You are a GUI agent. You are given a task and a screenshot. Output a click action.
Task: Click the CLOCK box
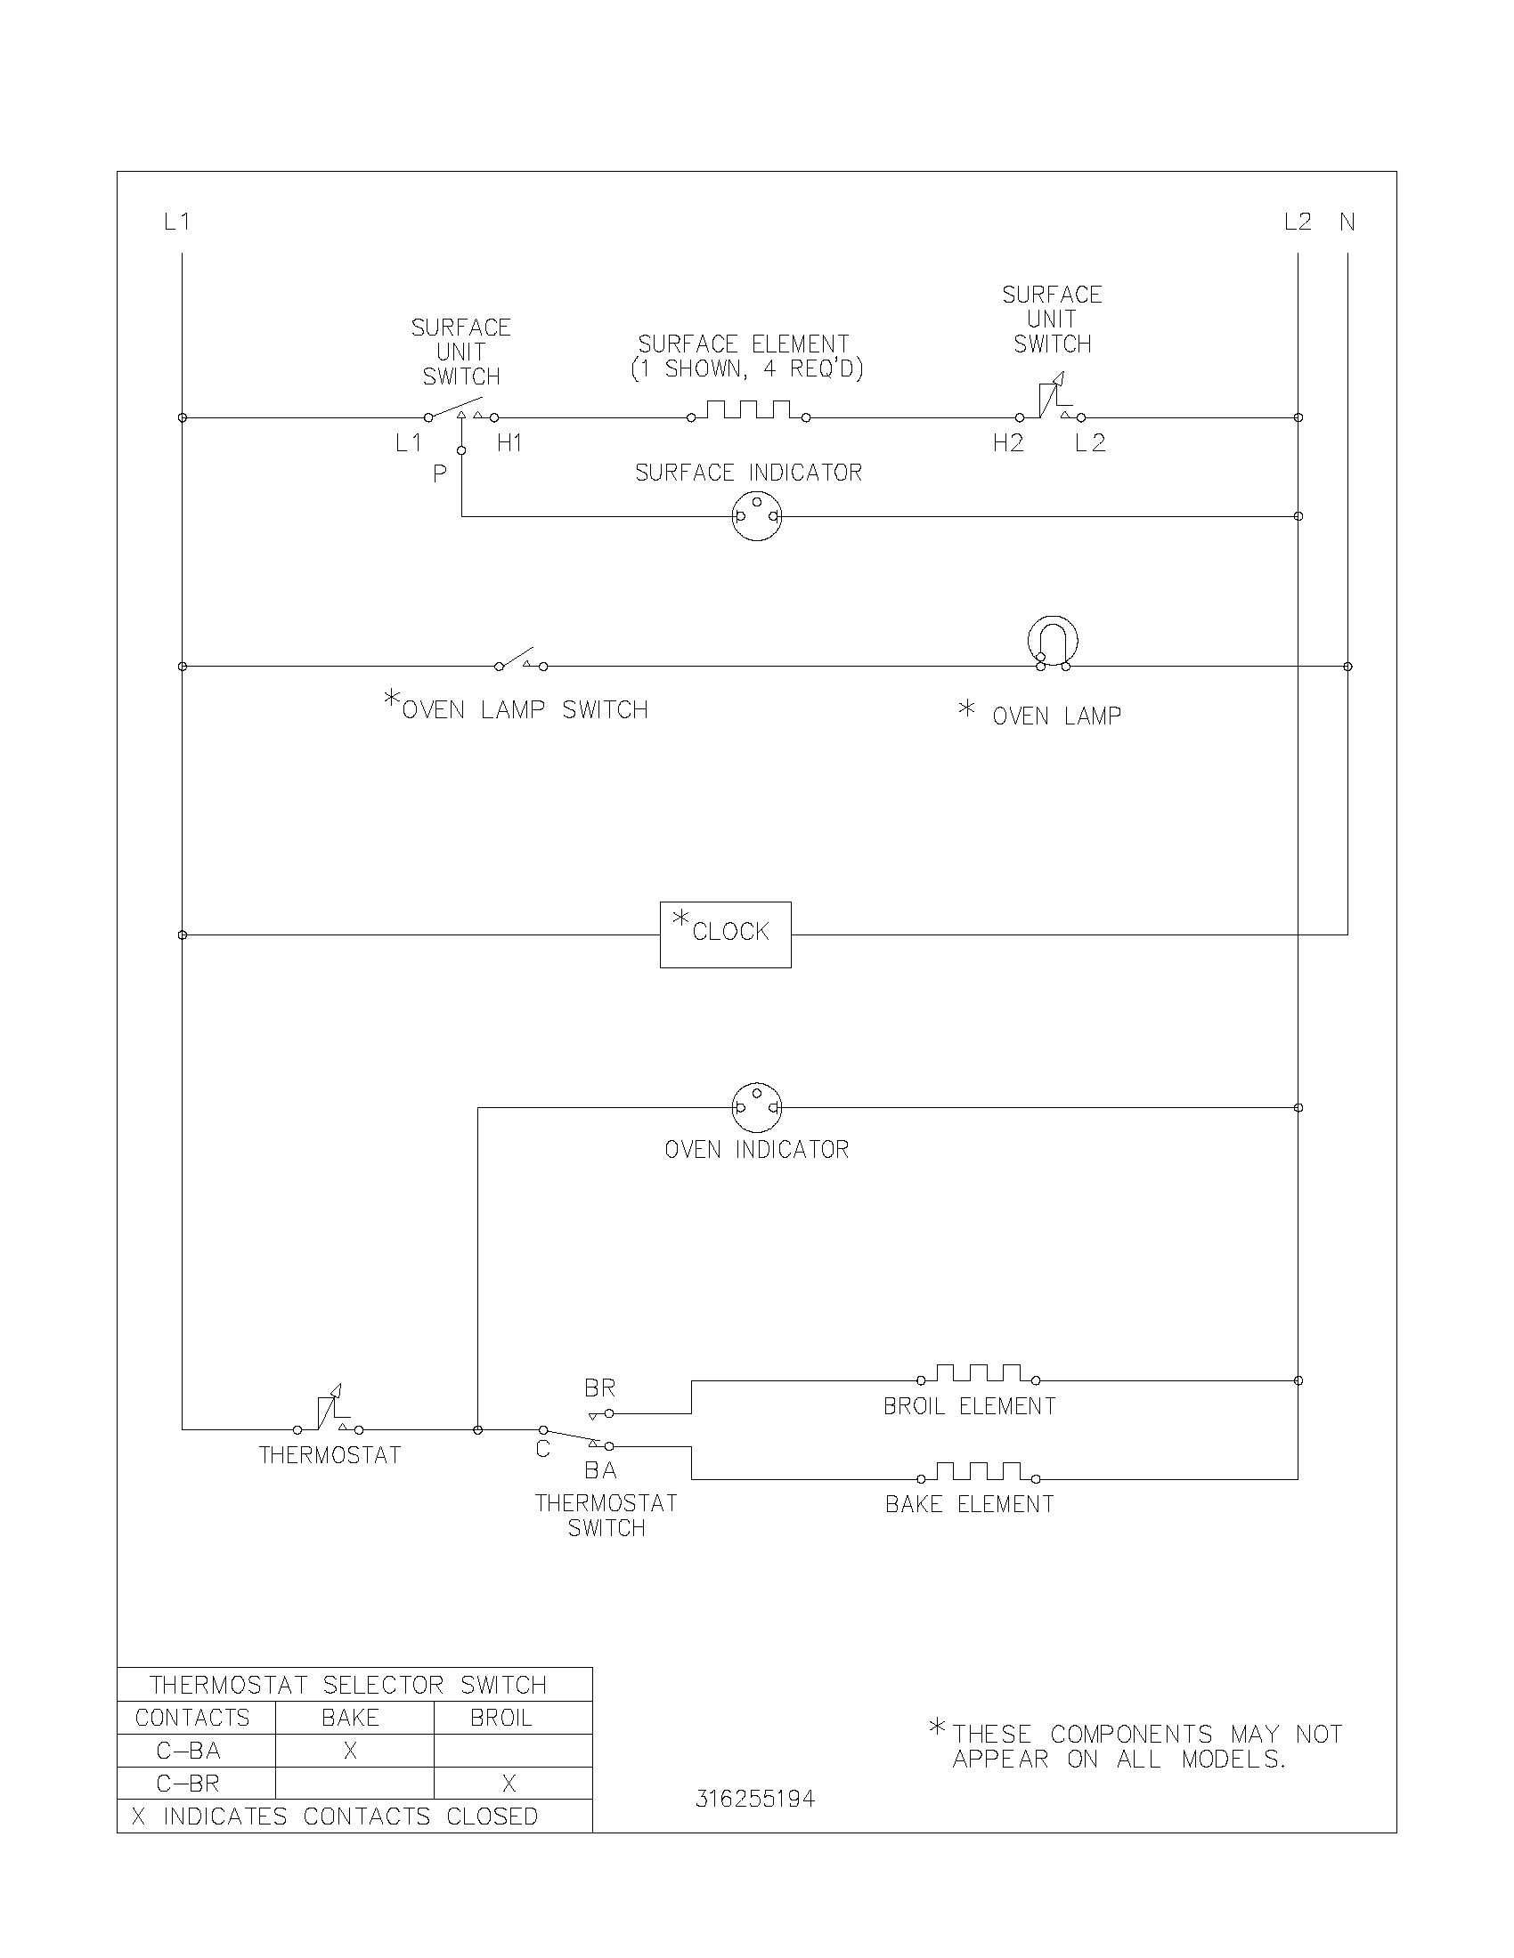pyautogui.click(x=725, y=934)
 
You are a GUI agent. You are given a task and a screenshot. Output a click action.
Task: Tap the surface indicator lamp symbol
pyautogui.click(x=756, y=516)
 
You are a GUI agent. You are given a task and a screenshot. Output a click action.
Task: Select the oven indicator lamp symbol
pyautogui.click(x=756, y=1108)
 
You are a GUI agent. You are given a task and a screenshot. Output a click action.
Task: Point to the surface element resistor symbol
pyautogui.click(x=748, y=411)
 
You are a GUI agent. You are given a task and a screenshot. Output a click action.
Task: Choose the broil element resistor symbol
pyautogui.click(x=979, y=1374)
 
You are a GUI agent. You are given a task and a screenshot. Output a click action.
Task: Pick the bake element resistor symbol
pyautogui.click(x=979, y=1473)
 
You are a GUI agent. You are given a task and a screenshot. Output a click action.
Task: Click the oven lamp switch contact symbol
pyautogui.click(x=521, y=661)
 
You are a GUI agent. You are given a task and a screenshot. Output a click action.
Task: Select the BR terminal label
pyautogui.click(x=600, y=1388)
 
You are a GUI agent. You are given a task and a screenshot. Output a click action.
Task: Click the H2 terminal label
pyautogui.click(x=1008, y=443)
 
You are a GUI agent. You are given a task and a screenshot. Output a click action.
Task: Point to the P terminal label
pyautogui.click(x=439, y=474)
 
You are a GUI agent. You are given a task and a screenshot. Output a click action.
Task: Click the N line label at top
pyautogui.click(x=1347, y=222)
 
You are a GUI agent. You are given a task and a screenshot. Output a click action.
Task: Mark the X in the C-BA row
pyautogui.click(x=351, y=1751)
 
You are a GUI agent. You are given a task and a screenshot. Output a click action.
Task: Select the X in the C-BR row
pyautogui.click(x=509, y=1784)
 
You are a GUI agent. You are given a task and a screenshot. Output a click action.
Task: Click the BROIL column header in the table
pyautogui.click(x=501, y=1718)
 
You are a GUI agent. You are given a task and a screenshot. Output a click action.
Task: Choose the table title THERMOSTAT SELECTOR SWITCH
pyautogui.click(x=348, y=1685)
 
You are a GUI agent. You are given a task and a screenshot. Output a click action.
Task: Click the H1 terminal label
pyautogui.click(x=509, y=443)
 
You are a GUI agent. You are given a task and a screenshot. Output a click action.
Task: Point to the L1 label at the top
pyautogui.click(x=176, y=222)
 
